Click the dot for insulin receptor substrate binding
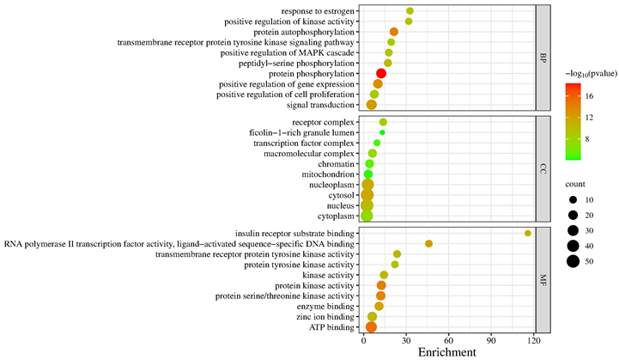point(528,233)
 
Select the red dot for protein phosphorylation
point(381,74)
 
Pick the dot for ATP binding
point(371,326)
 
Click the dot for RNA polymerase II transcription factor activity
point(428,244)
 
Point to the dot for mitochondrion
point(368,174)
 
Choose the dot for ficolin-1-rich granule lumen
point(382,132)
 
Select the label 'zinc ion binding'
point(325,316)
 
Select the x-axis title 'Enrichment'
point(446,352)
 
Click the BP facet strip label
point(543,58)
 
